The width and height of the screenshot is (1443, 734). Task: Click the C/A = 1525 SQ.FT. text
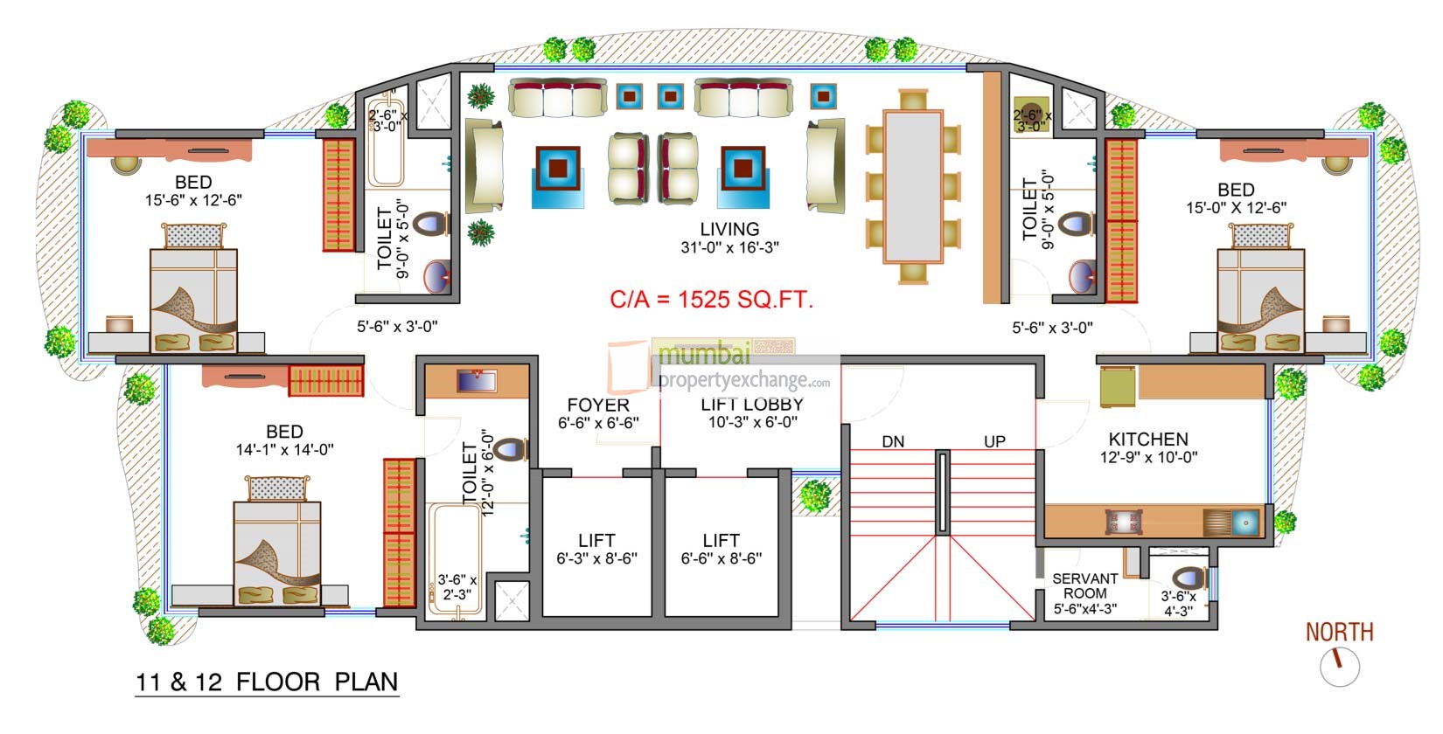coord(711,300)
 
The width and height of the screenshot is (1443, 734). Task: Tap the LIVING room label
coord(729,229)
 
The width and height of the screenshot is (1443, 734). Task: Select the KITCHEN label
coord(1148,439)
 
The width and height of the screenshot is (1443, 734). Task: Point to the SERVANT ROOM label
coord(1084,585)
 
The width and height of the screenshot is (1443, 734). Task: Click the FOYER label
coord(598,405)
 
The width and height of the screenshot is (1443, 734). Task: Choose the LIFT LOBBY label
coord(751,405)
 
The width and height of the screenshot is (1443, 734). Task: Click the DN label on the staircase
coord(893,442)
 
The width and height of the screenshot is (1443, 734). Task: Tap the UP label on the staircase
coord(994,442)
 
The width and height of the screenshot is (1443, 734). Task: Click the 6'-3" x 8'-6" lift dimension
coord(596,558)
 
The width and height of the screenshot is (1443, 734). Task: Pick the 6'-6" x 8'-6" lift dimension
coord(721,558)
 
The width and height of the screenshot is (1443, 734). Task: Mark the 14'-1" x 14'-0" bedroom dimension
coord(284,449)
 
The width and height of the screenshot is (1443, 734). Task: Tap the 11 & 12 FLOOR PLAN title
coord(267,682)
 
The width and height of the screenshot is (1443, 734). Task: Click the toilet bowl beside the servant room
coord(1188,578)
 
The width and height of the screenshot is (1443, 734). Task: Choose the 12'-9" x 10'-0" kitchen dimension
coord(1148,457)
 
